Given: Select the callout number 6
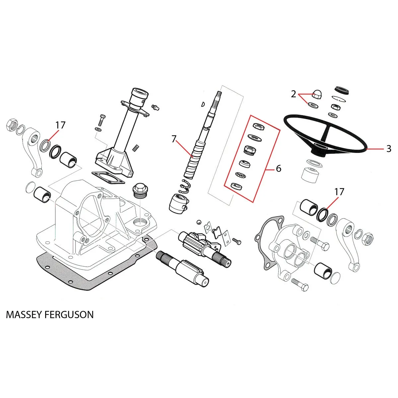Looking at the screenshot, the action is (x=279, y=168).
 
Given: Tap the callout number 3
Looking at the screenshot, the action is (x=389, y=149).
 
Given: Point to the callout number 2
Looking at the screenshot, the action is (x=293, y=94).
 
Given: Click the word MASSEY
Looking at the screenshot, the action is (x=24, y=315).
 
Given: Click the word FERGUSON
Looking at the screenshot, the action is (x=69, y=315).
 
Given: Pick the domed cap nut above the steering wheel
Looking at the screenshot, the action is (x=317, y=95).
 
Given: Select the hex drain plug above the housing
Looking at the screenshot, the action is (x=140, y=190).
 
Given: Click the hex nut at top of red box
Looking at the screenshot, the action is (x=259, y=126).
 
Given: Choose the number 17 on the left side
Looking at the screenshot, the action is (x=60, y=125).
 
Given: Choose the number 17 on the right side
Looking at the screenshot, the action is (x=339, y=192).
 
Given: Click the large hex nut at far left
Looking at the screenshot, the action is (x=12, y=125).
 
